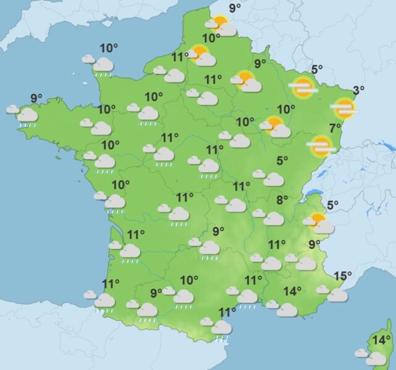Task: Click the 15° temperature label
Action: point(342,276)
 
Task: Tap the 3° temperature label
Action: point(358,91)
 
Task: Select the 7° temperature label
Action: point(335,128)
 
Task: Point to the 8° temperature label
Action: point(282,200)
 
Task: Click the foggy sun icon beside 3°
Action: point(343,109)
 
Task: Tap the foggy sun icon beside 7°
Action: point(320,146)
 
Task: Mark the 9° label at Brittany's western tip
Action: point(36,97)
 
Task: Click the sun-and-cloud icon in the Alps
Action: point(319,223)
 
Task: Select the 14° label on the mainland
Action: point(292,291)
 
